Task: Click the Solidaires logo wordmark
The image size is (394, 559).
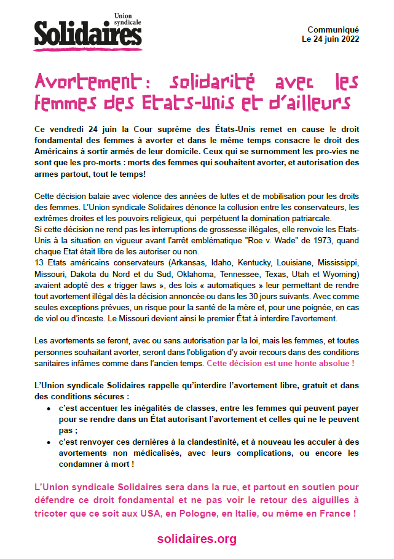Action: pos(87,33)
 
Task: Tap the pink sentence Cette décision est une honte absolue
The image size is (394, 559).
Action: pos(280,364)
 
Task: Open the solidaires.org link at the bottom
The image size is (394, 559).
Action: pos(197,539)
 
